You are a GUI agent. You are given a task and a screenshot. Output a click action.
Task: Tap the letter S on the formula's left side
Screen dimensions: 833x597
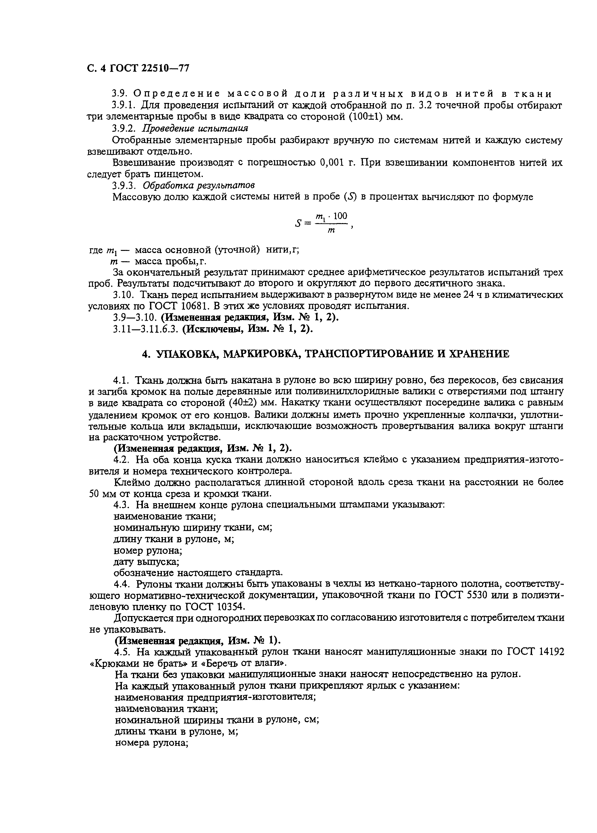click(298, 223)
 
